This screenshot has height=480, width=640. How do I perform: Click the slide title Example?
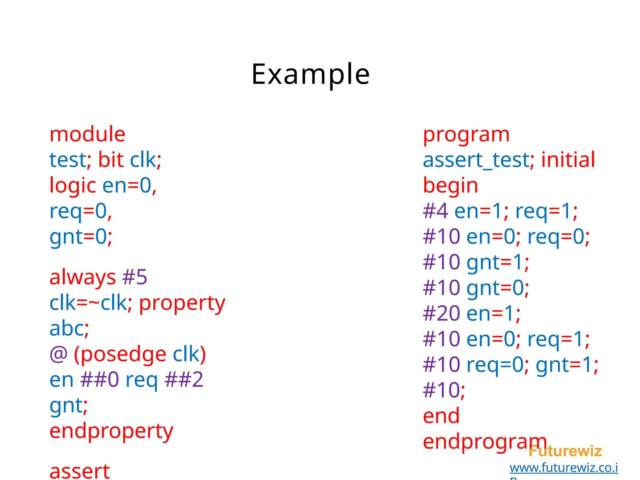point(310,74)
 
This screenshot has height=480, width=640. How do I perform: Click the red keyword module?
point(87,134)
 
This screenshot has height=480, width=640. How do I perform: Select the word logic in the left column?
point(72,186)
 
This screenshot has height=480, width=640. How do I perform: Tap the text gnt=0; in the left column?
point(81,237)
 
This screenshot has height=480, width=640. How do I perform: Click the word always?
point(82,277)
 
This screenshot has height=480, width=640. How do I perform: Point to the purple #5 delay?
point(135,277)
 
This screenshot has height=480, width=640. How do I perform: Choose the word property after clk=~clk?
point(182,303)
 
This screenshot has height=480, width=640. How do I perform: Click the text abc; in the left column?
point(69,329)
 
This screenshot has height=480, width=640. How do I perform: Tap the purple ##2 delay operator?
point(184,380)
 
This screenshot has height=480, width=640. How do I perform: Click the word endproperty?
point(111,431)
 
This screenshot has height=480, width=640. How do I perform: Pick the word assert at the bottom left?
point(80,471)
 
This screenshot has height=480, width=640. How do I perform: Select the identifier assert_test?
point(476,160)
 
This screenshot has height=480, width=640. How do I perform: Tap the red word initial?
point(568,160)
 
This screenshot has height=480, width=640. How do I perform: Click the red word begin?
point(450,186)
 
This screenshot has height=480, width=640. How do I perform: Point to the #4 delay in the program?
point(435,211)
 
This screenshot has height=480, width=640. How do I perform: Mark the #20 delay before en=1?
point(441,313)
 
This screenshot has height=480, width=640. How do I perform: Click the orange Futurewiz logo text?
point(565,451)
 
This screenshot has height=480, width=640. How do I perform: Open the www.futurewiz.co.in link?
point(563,468)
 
